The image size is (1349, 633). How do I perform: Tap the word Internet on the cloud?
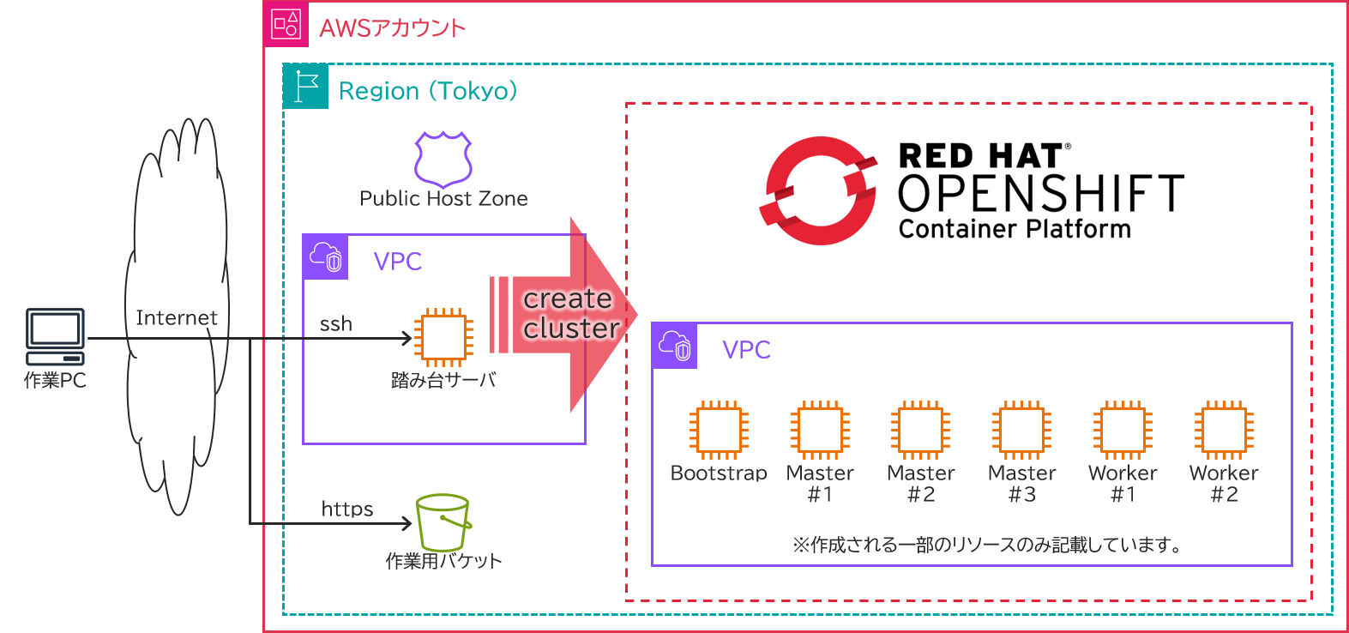177,318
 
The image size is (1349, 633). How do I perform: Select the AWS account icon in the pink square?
286,24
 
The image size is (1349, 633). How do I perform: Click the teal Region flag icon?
305,86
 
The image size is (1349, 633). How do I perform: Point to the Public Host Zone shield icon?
443,159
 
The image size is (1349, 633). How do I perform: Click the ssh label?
335,324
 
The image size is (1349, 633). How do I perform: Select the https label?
347,509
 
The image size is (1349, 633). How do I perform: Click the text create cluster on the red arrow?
569,314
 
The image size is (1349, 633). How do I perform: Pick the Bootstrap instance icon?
719,429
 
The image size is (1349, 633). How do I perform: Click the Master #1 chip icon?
820,429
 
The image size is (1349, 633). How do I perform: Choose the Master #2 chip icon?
920,429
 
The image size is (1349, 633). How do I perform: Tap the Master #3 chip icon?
1021,429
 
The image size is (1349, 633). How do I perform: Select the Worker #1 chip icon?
1123,429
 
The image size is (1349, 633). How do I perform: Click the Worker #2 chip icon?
1224,429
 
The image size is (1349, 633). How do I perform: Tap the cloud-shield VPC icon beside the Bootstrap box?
674,346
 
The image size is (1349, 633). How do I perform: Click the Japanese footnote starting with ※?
986,545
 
